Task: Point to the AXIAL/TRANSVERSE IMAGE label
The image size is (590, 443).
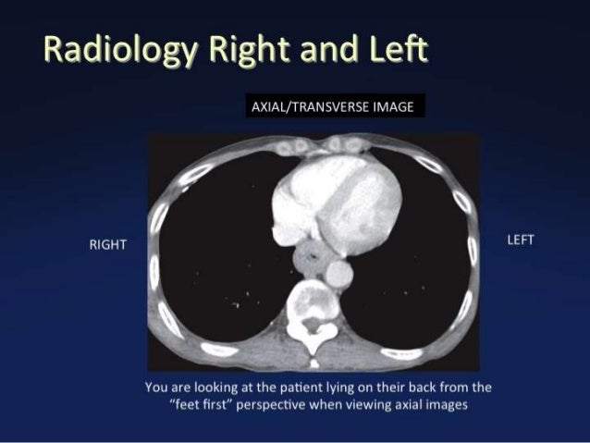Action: [x=332, y=106]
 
